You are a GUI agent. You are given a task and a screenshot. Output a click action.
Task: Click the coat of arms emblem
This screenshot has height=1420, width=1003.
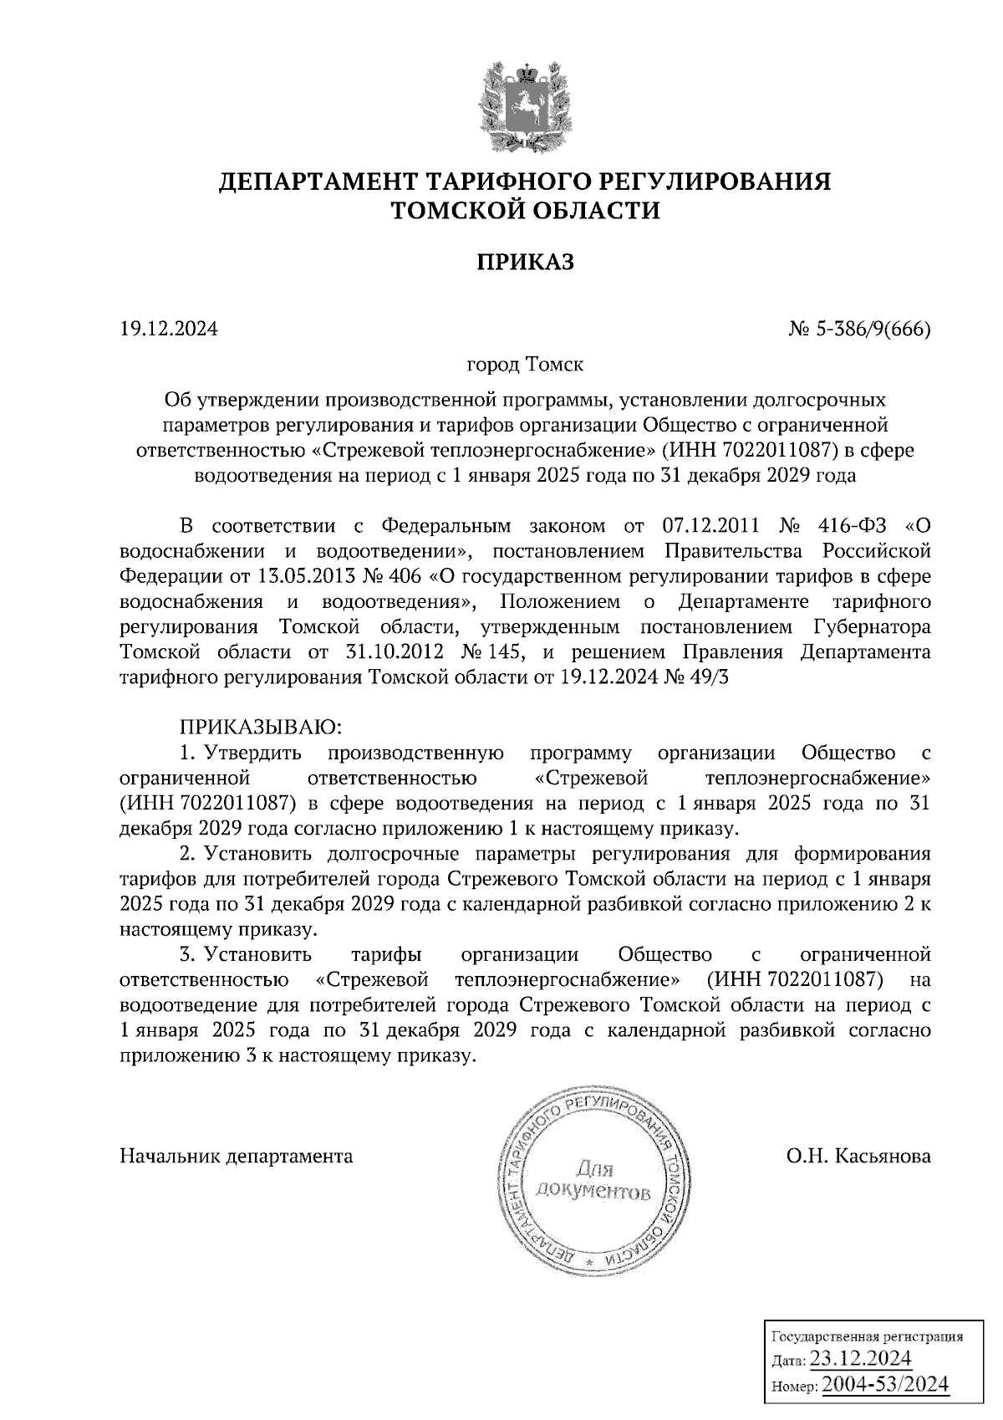click(x=524, y=105)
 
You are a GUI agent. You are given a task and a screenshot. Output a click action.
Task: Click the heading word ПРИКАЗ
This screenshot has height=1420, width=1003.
click(x=526, y=263)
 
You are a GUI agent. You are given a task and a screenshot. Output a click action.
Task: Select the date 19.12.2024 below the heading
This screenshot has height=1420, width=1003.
click(x=169, y=330)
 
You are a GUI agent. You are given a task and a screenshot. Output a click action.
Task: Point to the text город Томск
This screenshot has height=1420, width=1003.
click(x=525, y=365)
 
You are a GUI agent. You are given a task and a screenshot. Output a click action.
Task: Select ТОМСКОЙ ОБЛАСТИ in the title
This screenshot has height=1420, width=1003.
click(x=526, y=211)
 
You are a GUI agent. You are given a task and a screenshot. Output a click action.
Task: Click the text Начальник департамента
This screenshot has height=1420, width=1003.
click(x=237, y=1157)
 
